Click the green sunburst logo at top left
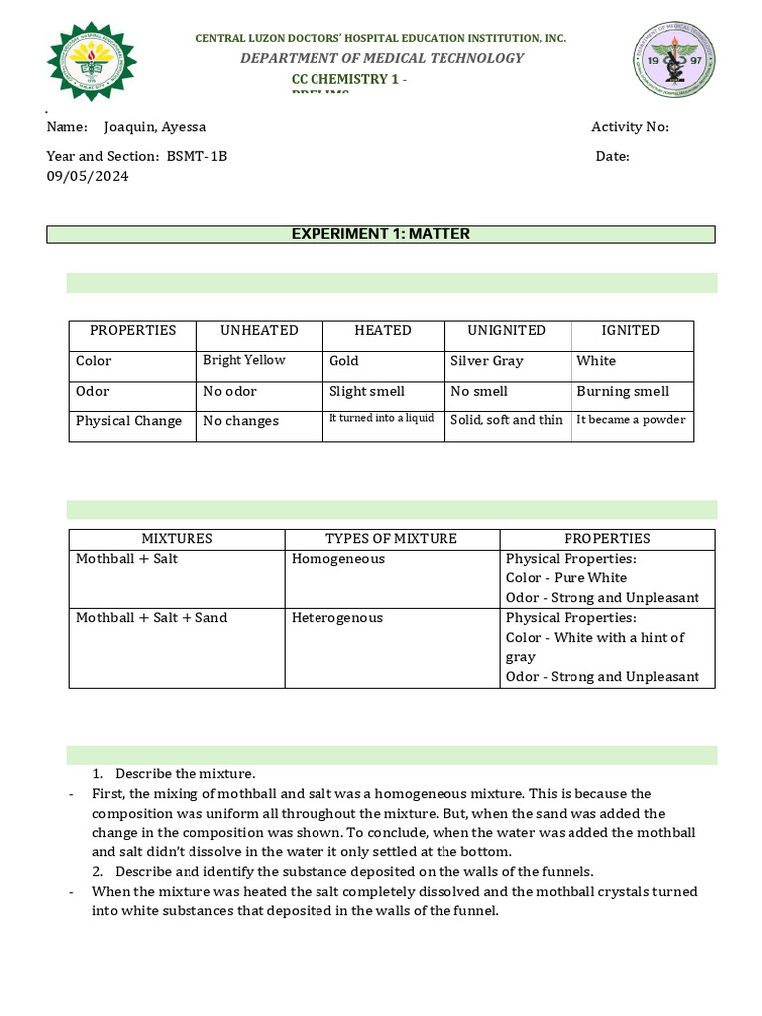click(x=93, y=63)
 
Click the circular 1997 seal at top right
click(x=674, y=63)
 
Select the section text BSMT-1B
click(x=196, y=156)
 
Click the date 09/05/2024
click(x=87, y=176)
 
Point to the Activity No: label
click(x=630, y=127)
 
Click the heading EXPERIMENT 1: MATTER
click(x=380, y=234)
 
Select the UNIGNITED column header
click(x=507, y=330)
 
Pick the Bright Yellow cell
click(x=244, y=360)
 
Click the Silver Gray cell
click(x=486, y=361)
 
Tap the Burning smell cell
click(x=622, y=391)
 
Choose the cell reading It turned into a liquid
click(x=382, y=419)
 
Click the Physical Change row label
click(x=129, y=421)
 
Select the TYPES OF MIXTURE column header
click(x=391, y=539)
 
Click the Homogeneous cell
click(x=338, y=559)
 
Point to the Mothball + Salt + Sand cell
click(x=152, y=618)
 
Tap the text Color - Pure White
click(x=567, y=578)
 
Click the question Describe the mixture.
click(x=185, y=773)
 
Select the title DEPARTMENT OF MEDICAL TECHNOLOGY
click(x=382, y=58)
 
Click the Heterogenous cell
click(x=336, y=618)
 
